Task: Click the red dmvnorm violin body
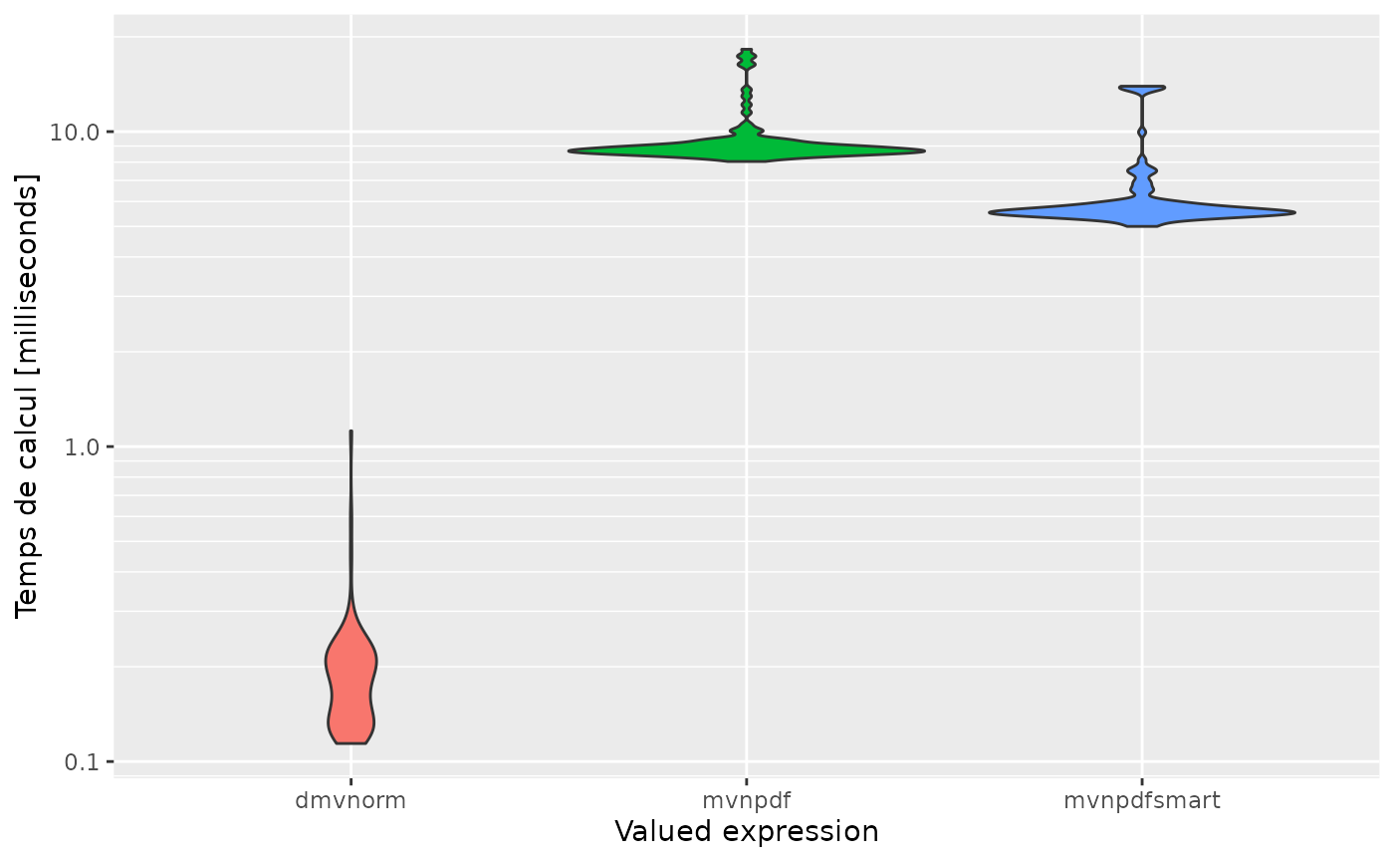click(x=350, y=688)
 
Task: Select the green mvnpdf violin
click(x=747, y=148)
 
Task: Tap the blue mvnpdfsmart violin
click(x=1142, y=211)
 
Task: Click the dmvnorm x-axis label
click(x=350, y=800)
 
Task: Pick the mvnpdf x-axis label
click(x=747, y=800)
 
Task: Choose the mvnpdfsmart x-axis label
click(x=1141, y=800)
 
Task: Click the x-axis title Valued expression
click(x=746, y=832)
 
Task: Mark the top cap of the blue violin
click(x=1142, y=89)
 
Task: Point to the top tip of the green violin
click(x=747, y=52)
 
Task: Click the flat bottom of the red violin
click(x=350, y=741)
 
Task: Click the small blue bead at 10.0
click(x=1142, y=132)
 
